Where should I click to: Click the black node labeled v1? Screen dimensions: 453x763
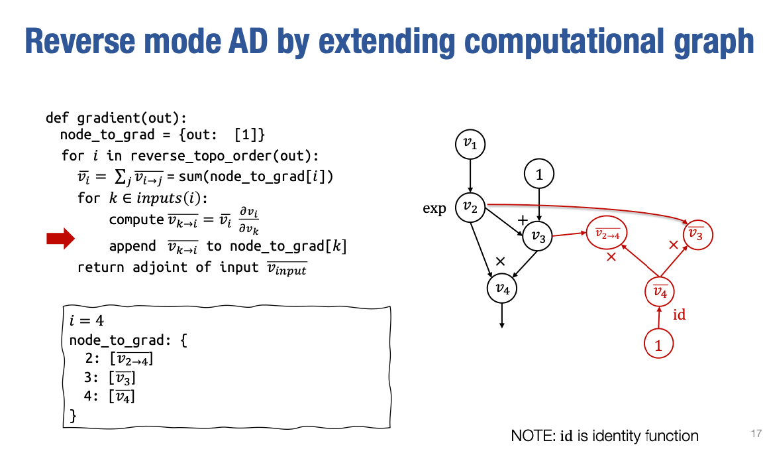click(470, 144)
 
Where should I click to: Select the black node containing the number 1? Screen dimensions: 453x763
click(539, 175)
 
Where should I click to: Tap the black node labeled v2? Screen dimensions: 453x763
click(470, 208)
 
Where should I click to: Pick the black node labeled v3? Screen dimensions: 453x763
click(538, 236)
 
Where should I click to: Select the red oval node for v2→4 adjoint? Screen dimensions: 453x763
click(606, 233)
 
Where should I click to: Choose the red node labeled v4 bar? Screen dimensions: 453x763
click(659, 291)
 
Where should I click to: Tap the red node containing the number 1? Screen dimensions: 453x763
click(658, 344)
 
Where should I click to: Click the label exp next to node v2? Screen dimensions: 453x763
click(434, 209)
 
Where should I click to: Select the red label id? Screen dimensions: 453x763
click(679, 315)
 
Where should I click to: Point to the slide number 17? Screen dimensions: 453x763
click(750, 433)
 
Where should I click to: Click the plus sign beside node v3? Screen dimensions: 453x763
click(523, 220)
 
